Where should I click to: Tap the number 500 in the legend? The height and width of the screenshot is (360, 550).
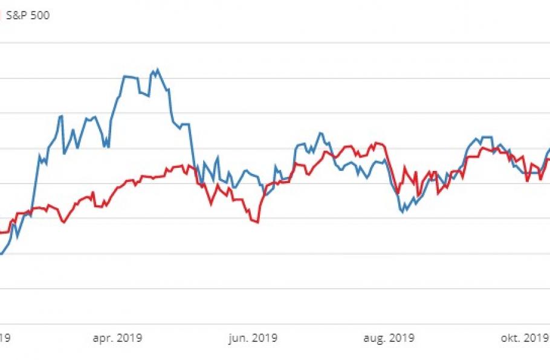coord(40,16)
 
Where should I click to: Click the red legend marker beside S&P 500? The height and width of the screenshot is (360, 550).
coord(1,16)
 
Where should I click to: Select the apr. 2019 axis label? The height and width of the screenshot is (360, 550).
coord(117,338)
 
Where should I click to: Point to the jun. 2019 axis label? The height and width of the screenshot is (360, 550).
coord(252,338)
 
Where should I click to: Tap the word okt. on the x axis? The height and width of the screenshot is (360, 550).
coord(511,338)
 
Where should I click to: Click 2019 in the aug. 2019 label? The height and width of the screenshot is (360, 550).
coord(402,338)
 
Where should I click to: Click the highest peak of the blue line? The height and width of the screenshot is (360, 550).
coord(158,69)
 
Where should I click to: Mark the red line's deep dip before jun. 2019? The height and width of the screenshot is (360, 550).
coord(258,223)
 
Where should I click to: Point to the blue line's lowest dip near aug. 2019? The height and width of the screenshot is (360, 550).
coord(403,211)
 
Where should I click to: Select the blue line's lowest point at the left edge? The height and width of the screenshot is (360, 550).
coord(2,254)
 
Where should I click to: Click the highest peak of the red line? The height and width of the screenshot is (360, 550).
coord(375,143)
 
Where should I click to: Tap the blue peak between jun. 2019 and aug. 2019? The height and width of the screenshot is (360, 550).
coord(321,133)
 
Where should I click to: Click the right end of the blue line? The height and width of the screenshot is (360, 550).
coord(549,149)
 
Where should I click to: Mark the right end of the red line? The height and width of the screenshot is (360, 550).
coord(549,158)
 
